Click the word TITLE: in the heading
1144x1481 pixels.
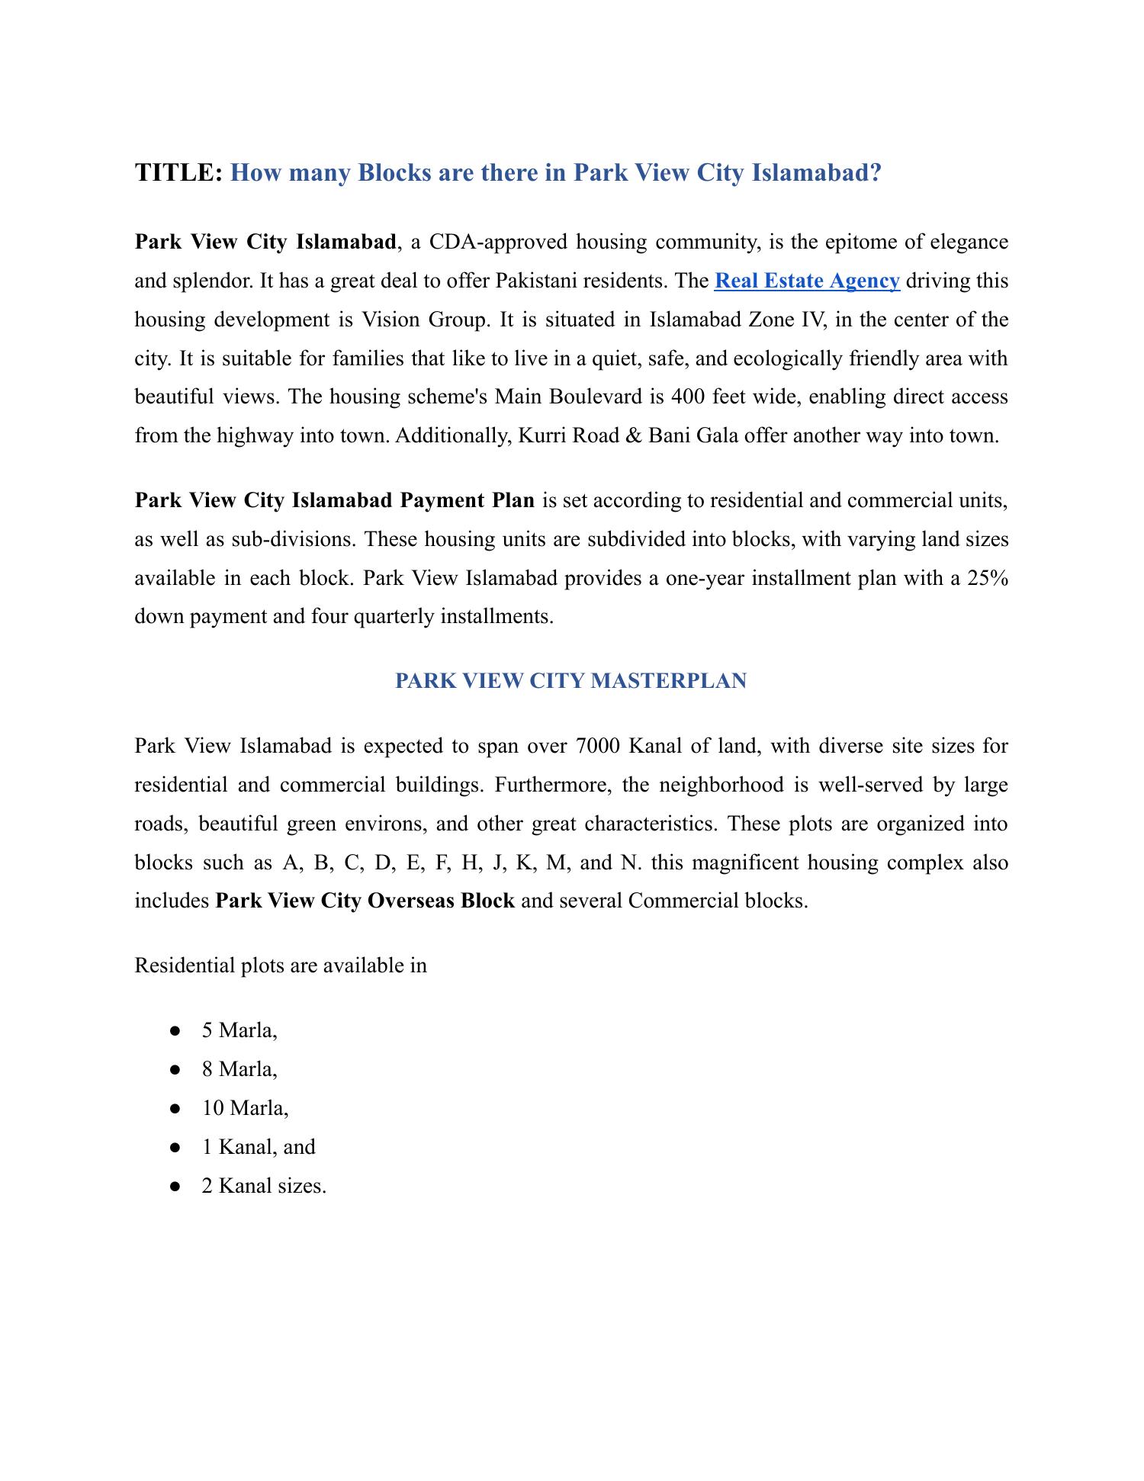(178, 173)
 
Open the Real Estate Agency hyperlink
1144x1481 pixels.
(807, 281)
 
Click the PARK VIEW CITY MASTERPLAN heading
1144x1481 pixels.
(571, 680)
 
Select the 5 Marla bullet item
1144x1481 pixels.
(239, 1030)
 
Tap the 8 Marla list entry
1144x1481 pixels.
(239, 1069)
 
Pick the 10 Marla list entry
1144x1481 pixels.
(245, 1107)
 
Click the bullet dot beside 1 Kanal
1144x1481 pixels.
(175, 1147)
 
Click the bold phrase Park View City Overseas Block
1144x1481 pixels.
(365, 901)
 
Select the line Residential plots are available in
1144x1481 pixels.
(281, 965)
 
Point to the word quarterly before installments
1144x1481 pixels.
(394, 615)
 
